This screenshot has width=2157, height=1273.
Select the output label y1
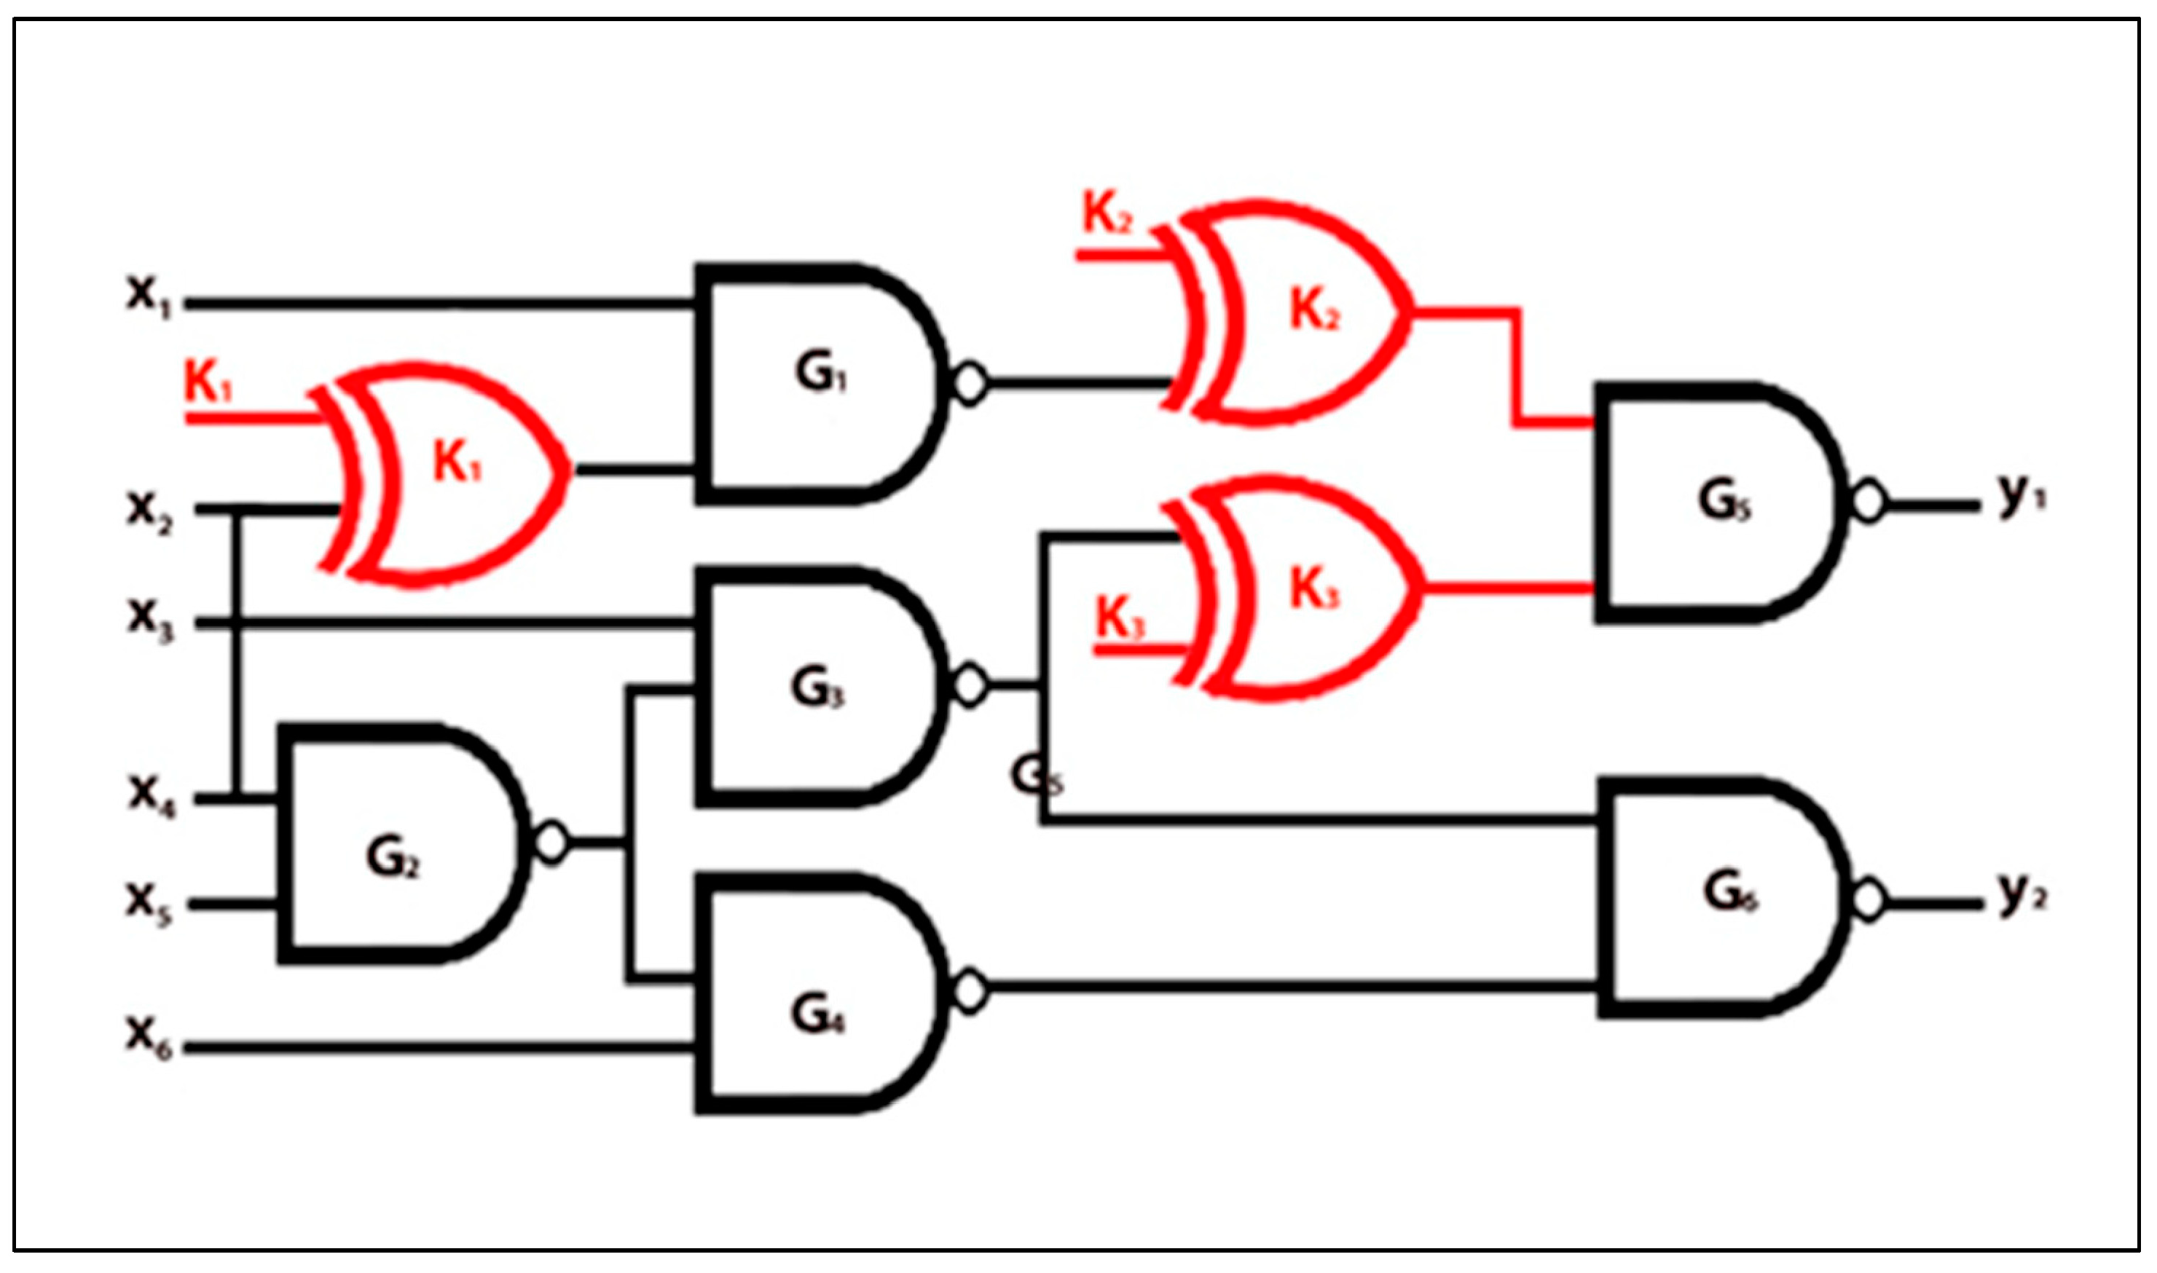pos(2021,496)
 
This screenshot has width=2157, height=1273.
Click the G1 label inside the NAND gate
pos(820,373)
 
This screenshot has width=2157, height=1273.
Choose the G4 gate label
pos(817,1017)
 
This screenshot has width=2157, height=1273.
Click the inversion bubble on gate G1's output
pos(970,384)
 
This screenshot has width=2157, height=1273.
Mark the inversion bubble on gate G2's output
pos(551,843)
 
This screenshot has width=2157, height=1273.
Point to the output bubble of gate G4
pos(970,990)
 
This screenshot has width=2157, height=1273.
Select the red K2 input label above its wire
pos(1107,214)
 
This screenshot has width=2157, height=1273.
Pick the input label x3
pos(150,618)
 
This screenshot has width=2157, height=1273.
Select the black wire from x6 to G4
pos(438,1048)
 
